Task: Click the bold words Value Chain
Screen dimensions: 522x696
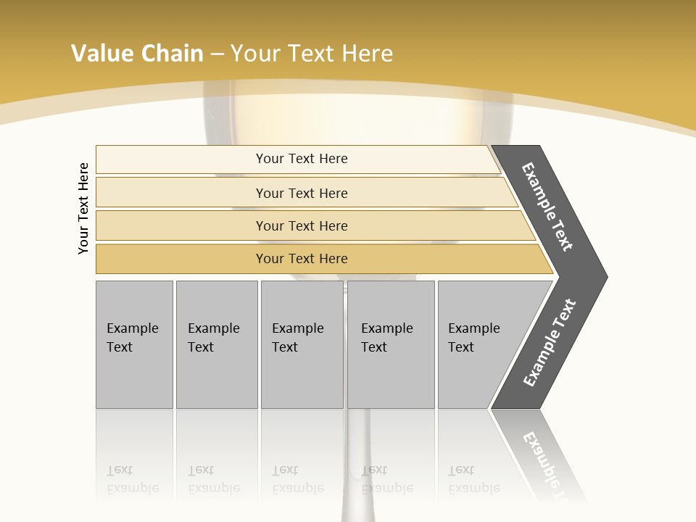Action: [137, 54]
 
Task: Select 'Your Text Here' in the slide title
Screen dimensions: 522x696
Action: [312, 54]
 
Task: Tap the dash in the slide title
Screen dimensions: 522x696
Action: [217, 54]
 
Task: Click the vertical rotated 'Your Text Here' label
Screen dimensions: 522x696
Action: [83, 208]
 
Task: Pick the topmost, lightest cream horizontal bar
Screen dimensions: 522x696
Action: [301, 159]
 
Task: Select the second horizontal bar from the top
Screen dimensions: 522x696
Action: [301, 193]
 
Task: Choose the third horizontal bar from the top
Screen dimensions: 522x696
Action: [301, 225]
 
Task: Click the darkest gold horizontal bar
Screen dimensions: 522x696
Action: [301, 259]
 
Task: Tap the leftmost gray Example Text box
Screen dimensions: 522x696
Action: [134, 344]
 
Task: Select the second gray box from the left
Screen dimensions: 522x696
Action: [216, 344]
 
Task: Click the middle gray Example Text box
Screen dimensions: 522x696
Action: [302, 344]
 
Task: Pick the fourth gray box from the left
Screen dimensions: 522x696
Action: [390, 344]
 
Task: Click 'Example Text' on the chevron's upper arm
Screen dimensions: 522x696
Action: [547, 207]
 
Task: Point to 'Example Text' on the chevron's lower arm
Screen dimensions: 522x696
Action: [549, 343]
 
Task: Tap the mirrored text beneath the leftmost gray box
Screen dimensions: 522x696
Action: [133, 479]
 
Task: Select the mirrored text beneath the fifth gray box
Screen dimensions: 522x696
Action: [474, 479]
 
